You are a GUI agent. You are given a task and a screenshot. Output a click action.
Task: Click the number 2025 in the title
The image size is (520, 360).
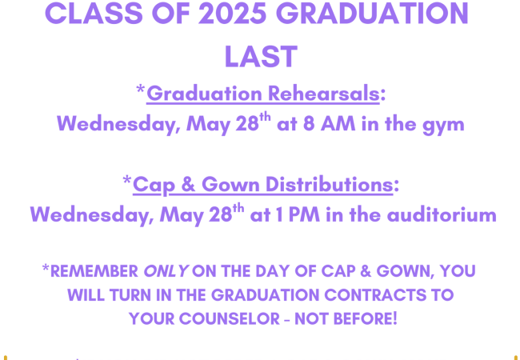(x=232, y=13)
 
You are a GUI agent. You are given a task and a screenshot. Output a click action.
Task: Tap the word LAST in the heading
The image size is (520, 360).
(x=261, y=56)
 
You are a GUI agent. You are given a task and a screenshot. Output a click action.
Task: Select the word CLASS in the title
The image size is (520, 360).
(x=94, y=13)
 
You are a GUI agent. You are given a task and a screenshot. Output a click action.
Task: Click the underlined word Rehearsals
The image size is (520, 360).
(x=323, y=94)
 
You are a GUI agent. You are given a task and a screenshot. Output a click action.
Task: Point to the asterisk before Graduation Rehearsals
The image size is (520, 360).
(x=141, y=90)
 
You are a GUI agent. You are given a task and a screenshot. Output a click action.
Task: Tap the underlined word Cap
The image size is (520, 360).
(x=154, y=185)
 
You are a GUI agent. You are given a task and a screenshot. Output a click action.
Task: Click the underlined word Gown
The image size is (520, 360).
(x=230, y=184)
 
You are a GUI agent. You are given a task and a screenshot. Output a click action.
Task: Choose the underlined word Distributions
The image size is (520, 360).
(x=330, y=184)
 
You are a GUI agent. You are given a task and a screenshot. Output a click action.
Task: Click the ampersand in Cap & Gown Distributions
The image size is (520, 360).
(x=188, y=184)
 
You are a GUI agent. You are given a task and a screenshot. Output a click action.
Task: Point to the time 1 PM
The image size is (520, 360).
(x=298, y=215)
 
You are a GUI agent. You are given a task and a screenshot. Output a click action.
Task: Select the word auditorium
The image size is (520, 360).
(x=442, y=215)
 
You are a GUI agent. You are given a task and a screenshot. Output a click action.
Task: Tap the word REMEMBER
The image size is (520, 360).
(x=94, y=271)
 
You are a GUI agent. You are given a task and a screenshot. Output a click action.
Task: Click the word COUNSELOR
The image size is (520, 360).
(x=230, y=319)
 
